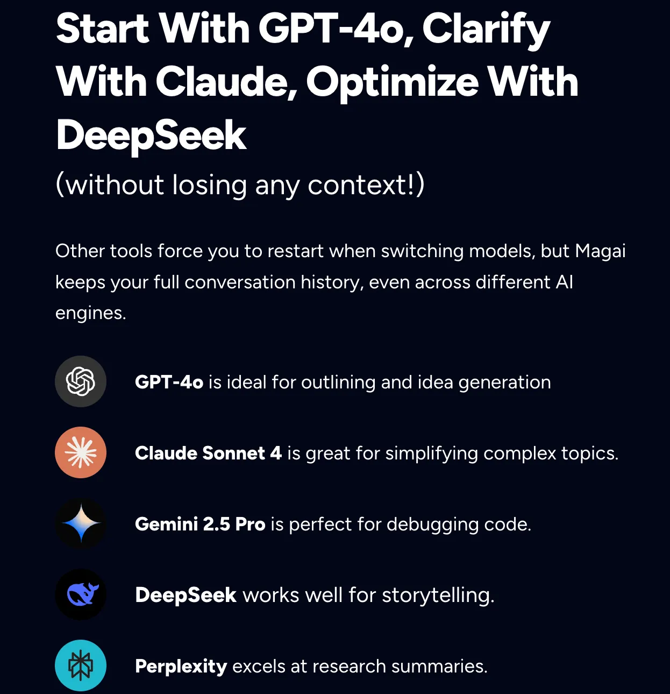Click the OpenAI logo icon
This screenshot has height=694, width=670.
[x=81, y=381]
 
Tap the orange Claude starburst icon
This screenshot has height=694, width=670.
[x=81, y=452]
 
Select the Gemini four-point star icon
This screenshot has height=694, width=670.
[x=81, y=523]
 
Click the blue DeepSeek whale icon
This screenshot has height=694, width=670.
[x=81, y=594]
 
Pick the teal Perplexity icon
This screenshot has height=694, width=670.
[x=81, y=665]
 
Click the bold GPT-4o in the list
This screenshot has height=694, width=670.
[x=169, y=382]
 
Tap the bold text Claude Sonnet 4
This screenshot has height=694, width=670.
[x=209, y=453]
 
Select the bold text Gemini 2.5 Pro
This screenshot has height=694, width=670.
[x=200, y=524]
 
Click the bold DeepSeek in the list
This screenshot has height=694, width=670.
[x=186, y=595]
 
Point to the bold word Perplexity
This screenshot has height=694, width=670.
[x=181, y=666]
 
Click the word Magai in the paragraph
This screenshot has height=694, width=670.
[x=601, y=251]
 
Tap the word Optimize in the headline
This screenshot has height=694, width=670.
[x=393, y=83]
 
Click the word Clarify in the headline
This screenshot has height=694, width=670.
[x=487, y=29]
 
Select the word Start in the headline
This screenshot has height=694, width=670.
[x=102, y=28]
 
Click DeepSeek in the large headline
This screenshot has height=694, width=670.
[x=151, y=136]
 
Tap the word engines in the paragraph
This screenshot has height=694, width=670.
[x=90, y=314]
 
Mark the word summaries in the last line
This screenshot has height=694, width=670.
[x=439, y=666]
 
